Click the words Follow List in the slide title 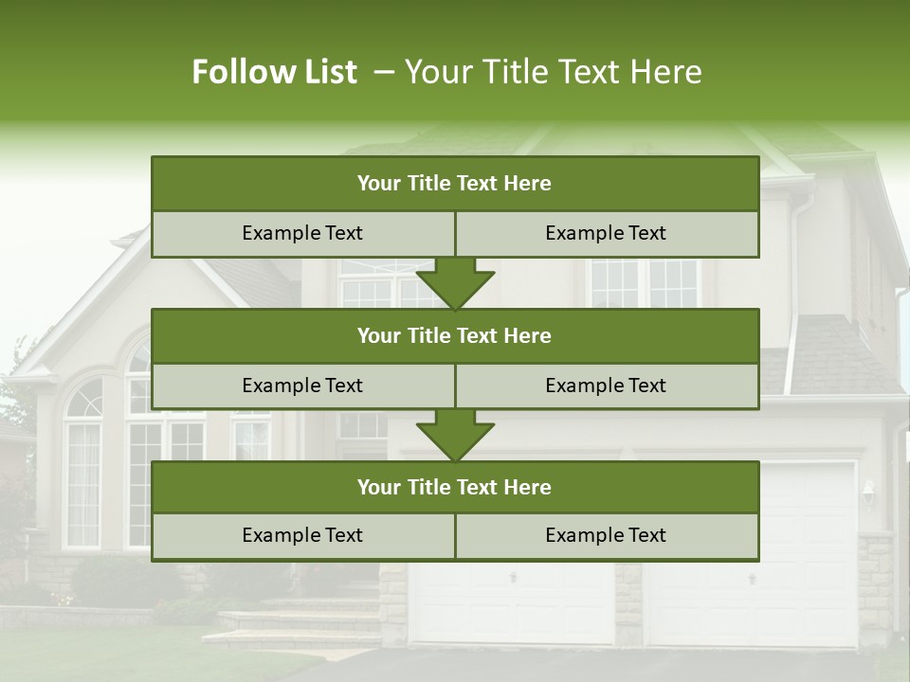click(275, 72)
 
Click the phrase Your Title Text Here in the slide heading click(553, 72)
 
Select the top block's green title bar click(455, 184)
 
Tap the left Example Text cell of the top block click(302, 233)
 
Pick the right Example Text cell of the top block click(607, 233)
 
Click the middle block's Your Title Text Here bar click(455, 335)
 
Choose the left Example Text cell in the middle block click(302, 386)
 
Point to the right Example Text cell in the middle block click(607, 386)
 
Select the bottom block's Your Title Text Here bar click(455, 487)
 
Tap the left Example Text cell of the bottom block click(302, 535)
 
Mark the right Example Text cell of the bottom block click(607, 535)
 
